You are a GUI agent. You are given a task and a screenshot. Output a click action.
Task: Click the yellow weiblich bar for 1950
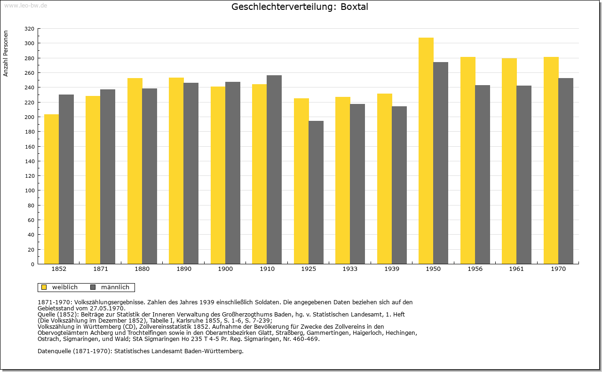tap(426, 151)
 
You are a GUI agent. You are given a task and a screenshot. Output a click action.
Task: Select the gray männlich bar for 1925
tap(316, 192)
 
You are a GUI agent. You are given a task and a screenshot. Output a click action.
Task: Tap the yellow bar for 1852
tap(52, 189)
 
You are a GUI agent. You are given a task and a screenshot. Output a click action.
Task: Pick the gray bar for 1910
tap(274, 170)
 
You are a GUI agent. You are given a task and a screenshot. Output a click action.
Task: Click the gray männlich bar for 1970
tap(566, 171)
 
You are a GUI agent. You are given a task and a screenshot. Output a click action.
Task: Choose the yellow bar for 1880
tap(135, 171)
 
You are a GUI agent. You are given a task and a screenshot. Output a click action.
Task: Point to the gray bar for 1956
tap(483, 174)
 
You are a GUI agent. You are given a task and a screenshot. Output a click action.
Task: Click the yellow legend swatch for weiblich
tap(44, 287)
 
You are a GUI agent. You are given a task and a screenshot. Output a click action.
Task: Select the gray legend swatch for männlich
tap(93, 287)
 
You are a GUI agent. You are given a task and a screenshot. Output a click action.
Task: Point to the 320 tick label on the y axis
tap(29, 29)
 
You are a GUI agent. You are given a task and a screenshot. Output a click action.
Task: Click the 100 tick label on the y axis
tap(29, 190)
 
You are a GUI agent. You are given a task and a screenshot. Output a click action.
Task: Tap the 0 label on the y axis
tap(32, 264)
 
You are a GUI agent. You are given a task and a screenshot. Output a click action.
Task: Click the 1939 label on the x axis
tap(392, 269)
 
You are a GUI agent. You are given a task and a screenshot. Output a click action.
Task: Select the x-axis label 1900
tap(225, 269)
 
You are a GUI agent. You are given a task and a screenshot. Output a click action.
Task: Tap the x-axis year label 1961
tap(516, 269)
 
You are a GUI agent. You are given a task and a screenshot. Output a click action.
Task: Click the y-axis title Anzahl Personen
tap(6, 54)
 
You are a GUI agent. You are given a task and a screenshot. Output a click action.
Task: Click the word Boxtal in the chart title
tap(354, 7)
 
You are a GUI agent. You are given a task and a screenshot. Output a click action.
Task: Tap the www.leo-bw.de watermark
tap(26, 6)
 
